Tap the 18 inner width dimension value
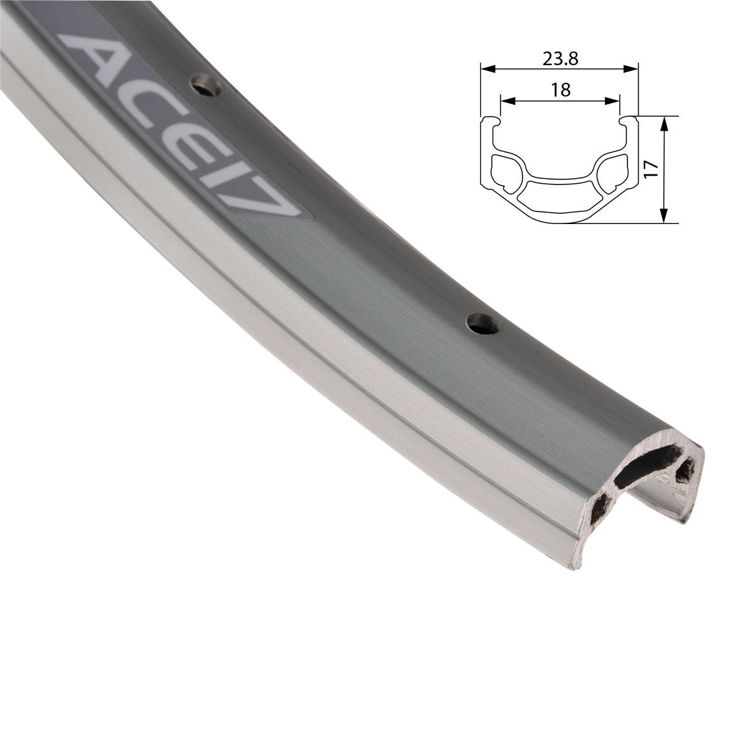pyautogui.click(x=560, y=90)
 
